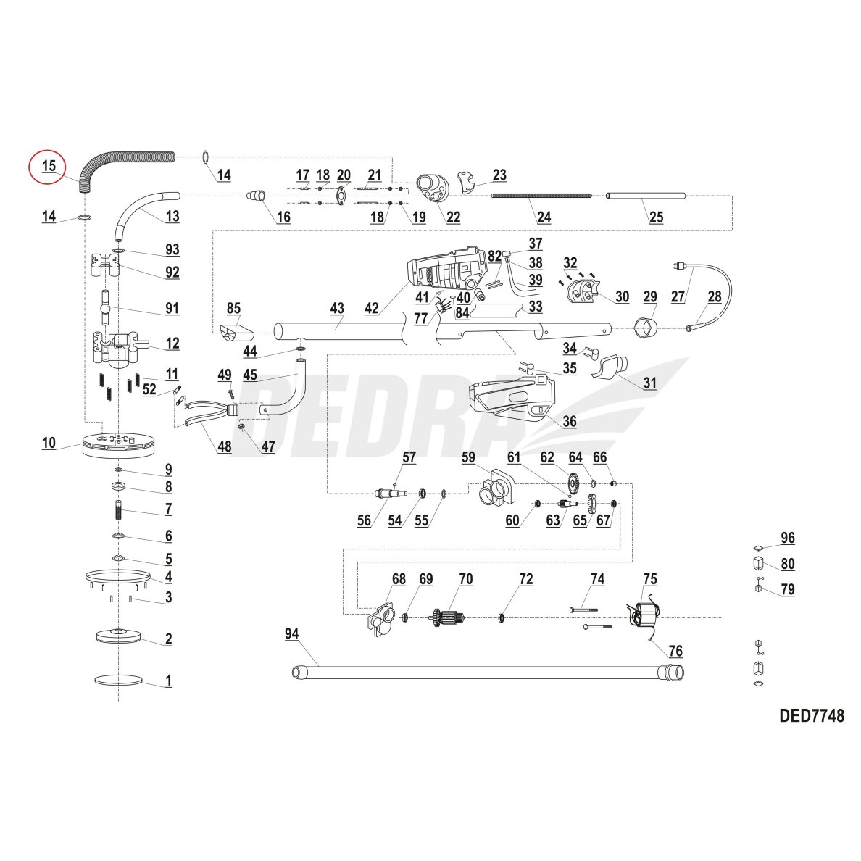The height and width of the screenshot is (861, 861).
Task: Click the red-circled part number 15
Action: [48, 165]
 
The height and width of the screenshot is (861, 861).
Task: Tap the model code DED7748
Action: [811, 716]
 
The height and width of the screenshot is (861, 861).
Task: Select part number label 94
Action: [291, 633]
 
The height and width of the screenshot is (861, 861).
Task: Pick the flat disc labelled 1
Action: [118, 680]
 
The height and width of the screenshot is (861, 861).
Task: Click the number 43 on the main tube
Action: [336, 308]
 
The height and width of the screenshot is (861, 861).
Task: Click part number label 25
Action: [655, 216]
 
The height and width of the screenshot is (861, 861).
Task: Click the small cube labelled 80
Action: [756, 564]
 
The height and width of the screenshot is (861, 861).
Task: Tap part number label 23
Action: [499, 175]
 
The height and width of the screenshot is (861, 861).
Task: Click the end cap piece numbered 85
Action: [236, 334]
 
